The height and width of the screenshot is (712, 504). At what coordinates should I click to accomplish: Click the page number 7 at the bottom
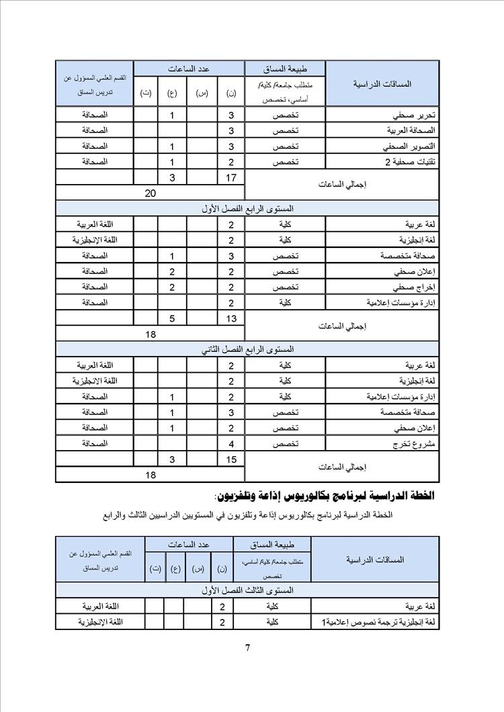(248, 648)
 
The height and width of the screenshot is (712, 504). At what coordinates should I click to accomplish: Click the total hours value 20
(151, 193)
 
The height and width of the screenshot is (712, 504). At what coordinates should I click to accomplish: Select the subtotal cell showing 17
(230, 177)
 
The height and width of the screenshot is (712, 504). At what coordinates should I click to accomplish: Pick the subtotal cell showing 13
(230, 318)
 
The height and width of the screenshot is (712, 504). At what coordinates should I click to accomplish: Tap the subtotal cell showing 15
(230, 459)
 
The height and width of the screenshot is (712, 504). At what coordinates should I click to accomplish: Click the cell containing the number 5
(172, 318)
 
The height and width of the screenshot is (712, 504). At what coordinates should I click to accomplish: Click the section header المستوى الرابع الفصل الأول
(247, 209)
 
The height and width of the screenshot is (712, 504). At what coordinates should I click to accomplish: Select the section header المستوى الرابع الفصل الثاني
(247, 350)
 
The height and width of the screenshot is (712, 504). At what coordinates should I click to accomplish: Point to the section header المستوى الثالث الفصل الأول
(247, 590)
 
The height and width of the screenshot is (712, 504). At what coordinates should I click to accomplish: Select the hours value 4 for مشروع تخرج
(230, 444)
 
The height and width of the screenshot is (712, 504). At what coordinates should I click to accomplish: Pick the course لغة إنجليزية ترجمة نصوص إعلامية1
(378, 623)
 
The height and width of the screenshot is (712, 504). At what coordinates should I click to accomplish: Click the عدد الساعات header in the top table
(189, 69)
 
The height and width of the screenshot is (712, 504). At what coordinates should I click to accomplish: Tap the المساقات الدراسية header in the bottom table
(374, 559)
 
